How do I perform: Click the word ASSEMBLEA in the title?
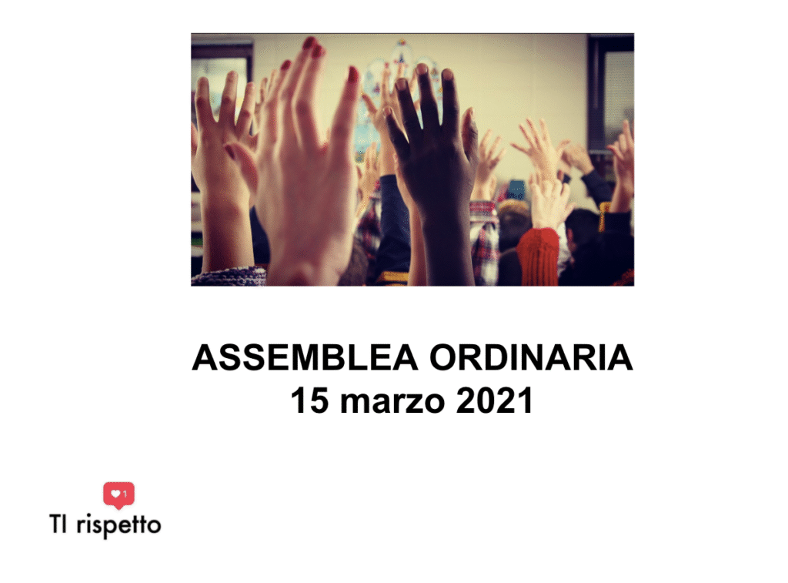pyautogui.click(x=305, y=357)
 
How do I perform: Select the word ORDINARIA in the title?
pyautogui.click(x=531, y=357)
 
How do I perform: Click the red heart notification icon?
pyautogui.click(x=119, y=495)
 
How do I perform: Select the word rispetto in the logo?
pyautogui.click(x=119, y=526)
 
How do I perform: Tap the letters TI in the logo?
pyautogui.click(x=58, y=524)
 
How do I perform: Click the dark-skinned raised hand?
pyautogui.click(x=432, y=146)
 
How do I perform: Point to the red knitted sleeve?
pyautogui.click(x=538, y=256)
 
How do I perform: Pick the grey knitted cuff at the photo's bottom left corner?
pyautogui.click(x=229, y=276)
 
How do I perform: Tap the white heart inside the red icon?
pyautogui.click(x=115, y=494)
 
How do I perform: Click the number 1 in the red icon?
pyautogui.click(x=125, y=494)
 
